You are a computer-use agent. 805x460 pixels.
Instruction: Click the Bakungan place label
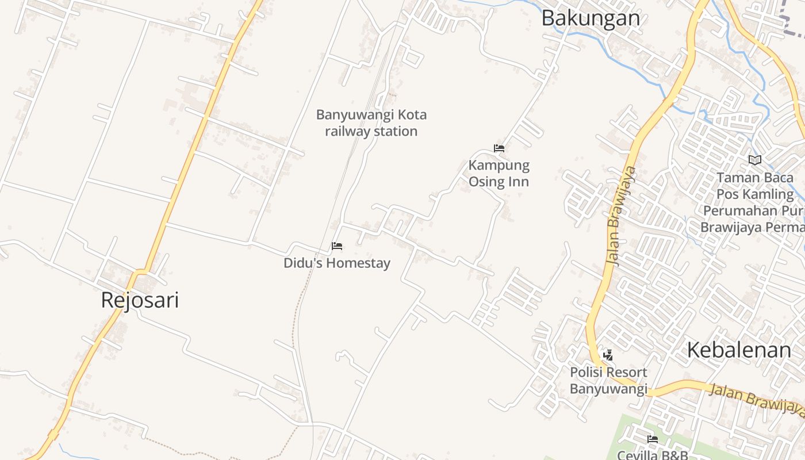[x=591, y=18]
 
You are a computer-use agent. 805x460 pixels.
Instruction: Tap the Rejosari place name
[x=140, y=300]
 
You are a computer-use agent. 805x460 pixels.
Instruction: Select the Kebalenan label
[x=739, y=350]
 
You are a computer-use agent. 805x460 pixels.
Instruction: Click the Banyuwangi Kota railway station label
[x=371, y=123]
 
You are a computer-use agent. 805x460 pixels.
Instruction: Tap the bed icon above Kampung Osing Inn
[x=499, y=148]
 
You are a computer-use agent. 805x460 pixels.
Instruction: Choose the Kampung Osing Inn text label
[x=499, y=174]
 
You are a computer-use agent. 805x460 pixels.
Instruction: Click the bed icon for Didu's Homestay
[x=337, y=247]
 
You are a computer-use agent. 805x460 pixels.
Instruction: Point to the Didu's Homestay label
[x=337, y=263]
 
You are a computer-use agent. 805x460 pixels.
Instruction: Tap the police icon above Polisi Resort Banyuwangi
[x=608, y=355]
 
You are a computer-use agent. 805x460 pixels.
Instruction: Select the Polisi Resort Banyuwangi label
[x=608, y=381]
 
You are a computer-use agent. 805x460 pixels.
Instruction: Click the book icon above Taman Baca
[x=755, y=160]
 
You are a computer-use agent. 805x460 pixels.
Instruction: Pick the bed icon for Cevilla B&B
[x=653, y=439]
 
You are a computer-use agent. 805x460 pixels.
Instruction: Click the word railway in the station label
[x=348, y=132]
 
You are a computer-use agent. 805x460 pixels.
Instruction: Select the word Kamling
[x=770, y=194]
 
